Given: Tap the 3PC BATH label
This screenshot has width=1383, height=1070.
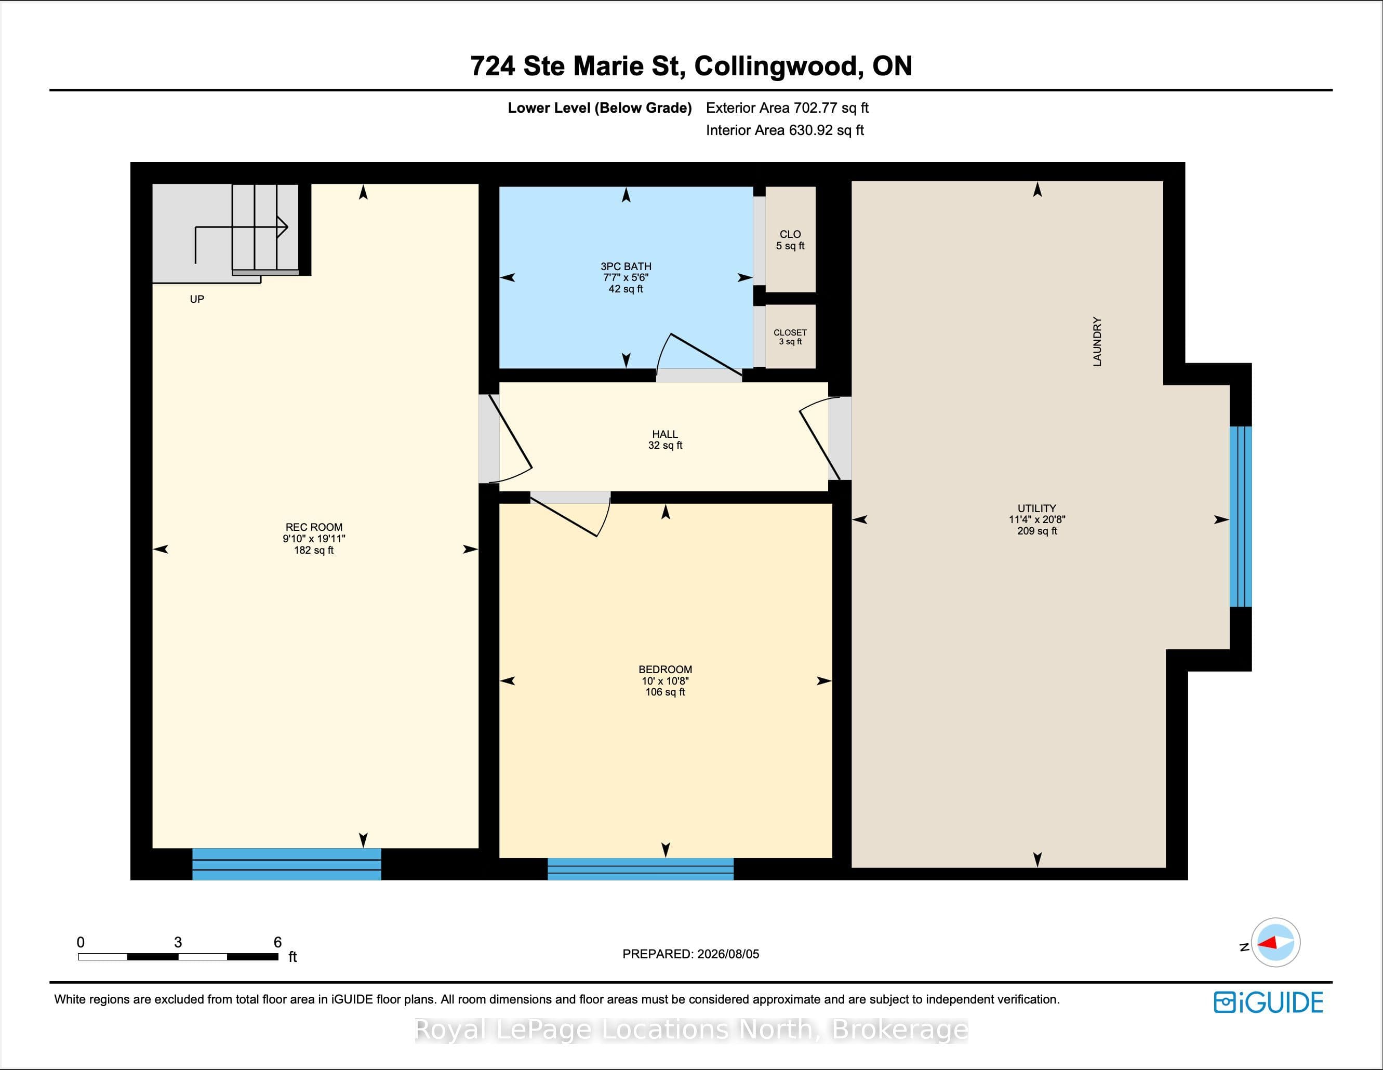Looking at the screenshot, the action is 626,266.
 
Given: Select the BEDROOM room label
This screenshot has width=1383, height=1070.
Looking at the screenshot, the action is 665,669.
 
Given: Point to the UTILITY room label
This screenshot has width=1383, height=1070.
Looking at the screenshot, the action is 1036,509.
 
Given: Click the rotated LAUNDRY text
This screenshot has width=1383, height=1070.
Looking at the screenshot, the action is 1097,342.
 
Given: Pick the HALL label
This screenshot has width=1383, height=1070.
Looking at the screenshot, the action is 665,434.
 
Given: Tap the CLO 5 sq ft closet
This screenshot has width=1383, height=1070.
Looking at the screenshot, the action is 790,239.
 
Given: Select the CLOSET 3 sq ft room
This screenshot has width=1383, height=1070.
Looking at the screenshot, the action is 790,336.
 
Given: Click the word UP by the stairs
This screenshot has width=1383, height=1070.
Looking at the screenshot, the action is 197,299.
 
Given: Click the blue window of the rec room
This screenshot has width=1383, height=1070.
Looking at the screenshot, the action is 287,864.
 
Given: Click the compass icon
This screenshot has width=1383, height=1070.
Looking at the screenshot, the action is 1275,943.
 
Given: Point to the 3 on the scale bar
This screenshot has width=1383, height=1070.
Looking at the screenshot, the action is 178,942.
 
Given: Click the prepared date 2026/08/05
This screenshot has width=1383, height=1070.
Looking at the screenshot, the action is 727,954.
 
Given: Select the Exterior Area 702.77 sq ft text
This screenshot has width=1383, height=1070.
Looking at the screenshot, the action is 787,108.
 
